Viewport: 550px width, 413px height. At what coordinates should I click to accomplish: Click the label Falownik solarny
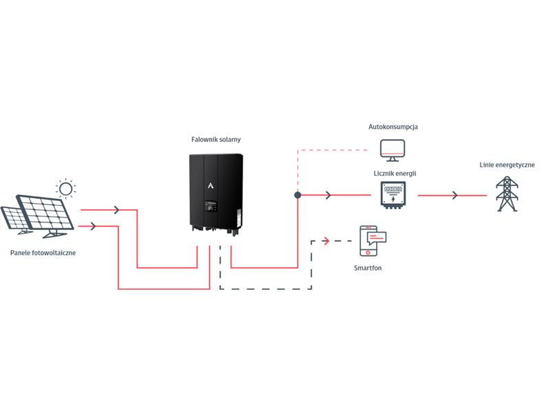pos(216,140)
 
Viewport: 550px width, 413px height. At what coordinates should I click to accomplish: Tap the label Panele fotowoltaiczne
pos(43,253)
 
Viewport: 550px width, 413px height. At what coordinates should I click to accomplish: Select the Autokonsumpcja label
pos(393,127)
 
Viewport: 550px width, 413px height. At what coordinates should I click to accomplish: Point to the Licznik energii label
pos(395,173)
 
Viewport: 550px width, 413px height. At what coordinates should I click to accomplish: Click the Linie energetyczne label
pos(507,165)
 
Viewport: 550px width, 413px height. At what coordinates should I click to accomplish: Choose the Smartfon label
pos(368,268)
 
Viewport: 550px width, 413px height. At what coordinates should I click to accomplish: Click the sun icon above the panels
pos(65,189)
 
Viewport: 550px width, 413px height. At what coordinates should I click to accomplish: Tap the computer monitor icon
pos(393,150)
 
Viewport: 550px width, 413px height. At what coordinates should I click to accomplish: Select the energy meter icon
pos(393,195)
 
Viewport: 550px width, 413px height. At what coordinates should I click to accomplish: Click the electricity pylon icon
pos(507,194)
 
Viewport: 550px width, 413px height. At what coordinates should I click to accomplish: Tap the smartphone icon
pos(368,241)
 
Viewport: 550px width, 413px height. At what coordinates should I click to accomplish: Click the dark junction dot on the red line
pos(298,195)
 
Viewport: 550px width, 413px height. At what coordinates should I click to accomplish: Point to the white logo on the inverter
pos(210,185)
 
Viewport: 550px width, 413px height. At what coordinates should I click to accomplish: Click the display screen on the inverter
pos(210,206)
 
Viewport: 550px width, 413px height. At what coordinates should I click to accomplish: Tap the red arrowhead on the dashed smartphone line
pos(327,241)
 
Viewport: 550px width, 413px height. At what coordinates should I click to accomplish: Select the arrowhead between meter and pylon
pos(455,195)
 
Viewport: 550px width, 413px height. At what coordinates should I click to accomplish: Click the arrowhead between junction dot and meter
pos(329,195)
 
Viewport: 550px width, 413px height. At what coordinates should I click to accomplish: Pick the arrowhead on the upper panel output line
pos(117,210)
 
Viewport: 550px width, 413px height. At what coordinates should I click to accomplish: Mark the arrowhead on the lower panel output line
pos(93,226)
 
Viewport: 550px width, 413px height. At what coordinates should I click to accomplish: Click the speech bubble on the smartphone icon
pos(376,237)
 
